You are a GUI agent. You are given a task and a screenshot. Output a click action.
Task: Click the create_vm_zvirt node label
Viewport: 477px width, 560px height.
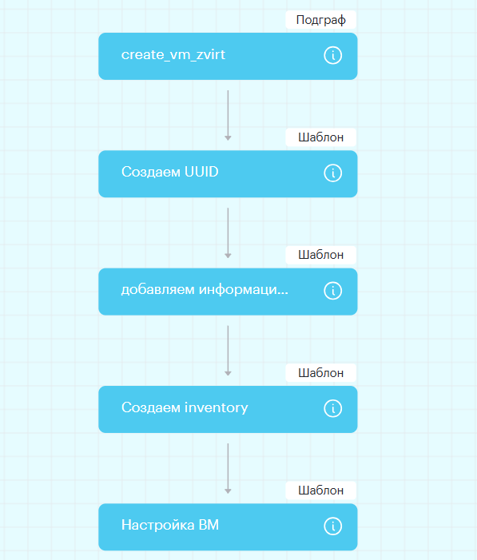point(173,55)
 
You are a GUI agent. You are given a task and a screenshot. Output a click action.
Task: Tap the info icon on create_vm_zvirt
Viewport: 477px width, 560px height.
point(333,55)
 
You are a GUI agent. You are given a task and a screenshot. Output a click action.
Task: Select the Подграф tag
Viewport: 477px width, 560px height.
point(321,20)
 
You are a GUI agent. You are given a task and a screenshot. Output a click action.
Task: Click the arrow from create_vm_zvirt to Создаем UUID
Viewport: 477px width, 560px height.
point(228,115)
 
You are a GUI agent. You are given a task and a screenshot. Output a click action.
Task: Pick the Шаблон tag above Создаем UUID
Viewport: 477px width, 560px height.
point(321,137)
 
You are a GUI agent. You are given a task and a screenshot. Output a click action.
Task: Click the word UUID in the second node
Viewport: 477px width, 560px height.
point(201,172)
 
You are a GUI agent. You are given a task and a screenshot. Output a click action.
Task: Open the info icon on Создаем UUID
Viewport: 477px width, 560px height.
point(333,173)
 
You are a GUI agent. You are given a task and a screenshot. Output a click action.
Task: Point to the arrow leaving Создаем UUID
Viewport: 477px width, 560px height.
point(228,232)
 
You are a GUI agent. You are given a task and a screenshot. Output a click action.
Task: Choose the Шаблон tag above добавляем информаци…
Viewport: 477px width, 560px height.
point(321,255)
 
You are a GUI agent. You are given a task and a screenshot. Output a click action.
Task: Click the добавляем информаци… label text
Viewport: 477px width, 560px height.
point(205,290)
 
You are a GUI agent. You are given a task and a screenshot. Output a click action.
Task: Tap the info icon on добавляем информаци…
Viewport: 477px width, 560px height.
point(333,291)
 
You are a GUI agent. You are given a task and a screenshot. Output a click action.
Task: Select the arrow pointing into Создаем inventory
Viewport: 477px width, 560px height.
point(228,351)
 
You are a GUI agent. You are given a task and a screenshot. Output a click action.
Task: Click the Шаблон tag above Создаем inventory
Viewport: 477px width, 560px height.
point(321,372)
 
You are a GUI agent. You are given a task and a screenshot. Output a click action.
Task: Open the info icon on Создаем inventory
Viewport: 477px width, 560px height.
point(333,408)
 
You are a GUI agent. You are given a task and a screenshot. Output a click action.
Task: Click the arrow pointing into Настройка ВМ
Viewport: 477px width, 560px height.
point(228,469)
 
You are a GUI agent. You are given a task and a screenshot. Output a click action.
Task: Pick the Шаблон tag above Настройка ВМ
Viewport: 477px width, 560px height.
point(321,490)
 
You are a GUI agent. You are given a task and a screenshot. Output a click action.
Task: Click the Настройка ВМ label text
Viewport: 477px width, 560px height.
point(170,526)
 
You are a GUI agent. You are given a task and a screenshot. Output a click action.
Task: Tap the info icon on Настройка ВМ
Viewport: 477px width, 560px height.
point(333,526)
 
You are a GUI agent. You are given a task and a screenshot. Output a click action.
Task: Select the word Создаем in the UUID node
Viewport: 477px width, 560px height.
point(151,172)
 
